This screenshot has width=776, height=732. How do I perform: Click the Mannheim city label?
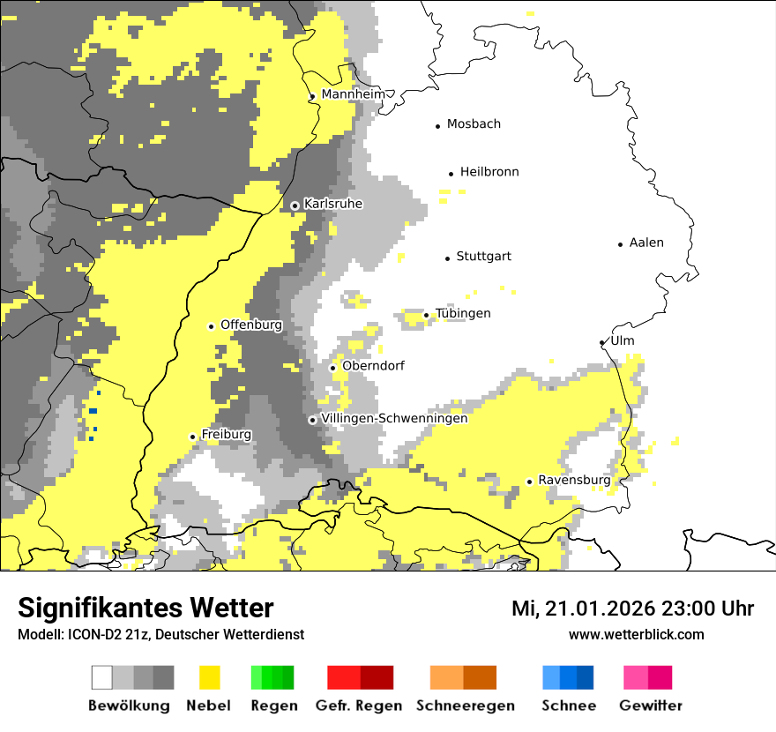(353, 94)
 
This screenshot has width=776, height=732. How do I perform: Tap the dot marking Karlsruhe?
(295, 205)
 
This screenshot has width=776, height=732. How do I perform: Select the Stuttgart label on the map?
(483, 257)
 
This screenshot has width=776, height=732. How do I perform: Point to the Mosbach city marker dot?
(437, 126)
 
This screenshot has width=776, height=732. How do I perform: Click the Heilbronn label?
(489, 172)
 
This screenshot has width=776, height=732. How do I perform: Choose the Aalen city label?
(646, 243)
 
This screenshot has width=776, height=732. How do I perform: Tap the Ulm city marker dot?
(601, 343)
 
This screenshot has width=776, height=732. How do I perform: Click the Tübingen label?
(463, 314)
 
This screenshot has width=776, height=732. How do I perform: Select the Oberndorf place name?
(372, 366)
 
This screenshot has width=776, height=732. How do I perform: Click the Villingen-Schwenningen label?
(394, 419)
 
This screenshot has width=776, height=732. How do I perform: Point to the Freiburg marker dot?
(192, 437)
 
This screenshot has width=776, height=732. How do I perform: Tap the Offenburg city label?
(250, 325)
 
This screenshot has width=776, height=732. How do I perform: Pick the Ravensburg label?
(574, 481)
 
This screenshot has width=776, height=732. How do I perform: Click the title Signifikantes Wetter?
(145, 609)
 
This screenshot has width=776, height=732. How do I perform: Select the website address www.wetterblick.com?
(636, 634)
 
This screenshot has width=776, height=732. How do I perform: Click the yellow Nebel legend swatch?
(210, 677)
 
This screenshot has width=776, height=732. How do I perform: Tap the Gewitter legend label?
(650, 706)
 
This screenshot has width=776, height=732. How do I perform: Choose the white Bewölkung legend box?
(102, 677)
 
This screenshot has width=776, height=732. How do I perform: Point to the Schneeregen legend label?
(466, 706)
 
